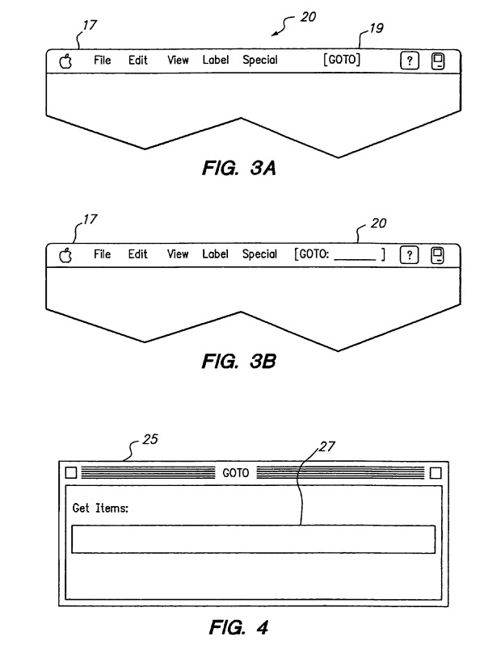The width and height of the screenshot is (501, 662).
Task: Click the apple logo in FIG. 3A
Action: click(x=65, y=61)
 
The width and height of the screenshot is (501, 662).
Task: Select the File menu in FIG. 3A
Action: click(x=103, y=60)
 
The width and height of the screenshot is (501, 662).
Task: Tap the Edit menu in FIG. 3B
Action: click(x=137, y=254)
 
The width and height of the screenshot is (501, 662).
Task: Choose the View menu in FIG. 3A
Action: click(x=178, y=60)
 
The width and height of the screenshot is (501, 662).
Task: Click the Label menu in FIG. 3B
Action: click(x=215, y=254)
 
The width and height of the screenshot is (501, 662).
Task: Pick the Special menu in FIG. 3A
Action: click(x=260, y=61)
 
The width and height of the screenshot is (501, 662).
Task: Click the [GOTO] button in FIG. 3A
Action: click(x=342, y=60)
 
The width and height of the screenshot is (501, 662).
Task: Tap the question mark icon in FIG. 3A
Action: click(x=410, y=61)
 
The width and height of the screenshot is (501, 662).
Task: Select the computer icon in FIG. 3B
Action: click(x=438, y=255)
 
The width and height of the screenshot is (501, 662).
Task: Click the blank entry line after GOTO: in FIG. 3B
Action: click(x=355, y=259)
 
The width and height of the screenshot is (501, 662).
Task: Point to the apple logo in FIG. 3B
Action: click(x=65, y=255)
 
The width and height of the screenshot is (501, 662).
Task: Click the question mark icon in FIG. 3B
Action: click(x=410, y=255)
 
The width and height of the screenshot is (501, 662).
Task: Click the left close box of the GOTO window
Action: click(x=71, y=472)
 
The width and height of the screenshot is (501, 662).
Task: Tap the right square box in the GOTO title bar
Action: click(x=436, y=473)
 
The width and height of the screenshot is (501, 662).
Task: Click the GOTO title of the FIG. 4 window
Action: click(x=236, y=473)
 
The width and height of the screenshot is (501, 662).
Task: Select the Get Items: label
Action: click(x=100, y=508)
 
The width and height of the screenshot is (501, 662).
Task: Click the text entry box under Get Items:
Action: click(x=254, y=539)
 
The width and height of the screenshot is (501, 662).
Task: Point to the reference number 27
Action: click(x=327, y=446)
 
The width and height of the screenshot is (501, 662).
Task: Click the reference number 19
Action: click(x=377, y=28)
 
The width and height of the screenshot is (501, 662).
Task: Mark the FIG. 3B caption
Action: click(x=239, y=362)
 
